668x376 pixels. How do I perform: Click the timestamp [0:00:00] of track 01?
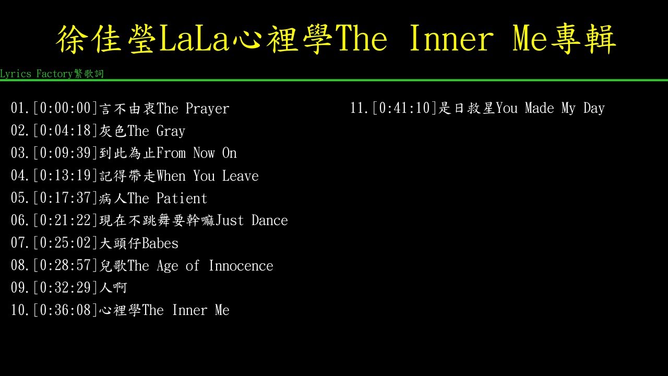tap(65, 109)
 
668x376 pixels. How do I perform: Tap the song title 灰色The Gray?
tap(142, 131)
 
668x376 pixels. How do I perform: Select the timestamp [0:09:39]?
tap(65, 154)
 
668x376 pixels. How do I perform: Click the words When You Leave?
tap(208, 176)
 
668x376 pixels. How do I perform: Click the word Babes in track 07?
tap(160, 243)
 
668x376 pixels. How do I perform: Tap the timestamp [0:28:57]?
tap(65, 266)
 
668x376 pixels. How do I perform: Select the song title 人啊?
tap(113, 288)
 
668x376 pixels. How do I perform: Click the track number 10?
tap(19, 310)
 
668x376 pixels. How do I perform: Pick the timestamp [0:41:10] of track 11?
tap(404, 108)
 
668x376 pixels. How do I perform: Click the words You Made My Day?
tap(550, 108)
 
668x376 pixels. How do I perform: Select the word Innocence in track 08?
tap(241, 266)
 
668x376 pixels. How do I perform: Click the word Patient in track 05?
tap(182, 198)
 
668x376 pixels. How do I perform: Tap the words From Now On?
tap(197, 154)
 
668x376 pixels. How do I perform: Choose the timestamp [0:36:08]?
tap(65, 310)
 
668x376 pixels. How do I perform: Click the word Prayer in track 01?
tap(207, 109)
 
